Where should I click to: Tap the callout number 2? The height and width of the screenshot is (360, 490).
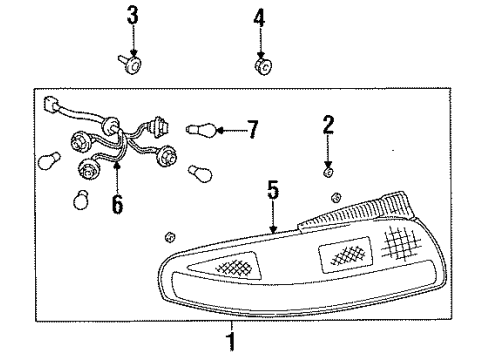tap(327, 125)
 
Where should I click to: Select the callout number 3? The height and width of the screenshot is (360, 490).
tap(132, 17)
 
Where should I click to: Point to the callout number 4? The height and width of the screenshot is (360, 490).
tap(259, 17)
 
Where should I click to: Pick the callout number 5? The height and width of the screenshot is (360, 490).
tap(271, 190)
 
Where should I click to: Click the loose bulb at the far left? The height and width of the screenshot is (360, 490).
tap(45, 161)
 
